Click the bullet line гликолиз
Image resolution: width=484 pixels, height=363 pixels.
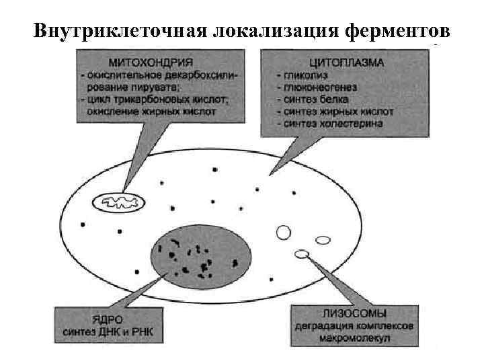pos(307,76)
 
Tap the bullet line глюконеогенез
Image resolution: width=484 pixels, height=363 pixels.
pos(320,88)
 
